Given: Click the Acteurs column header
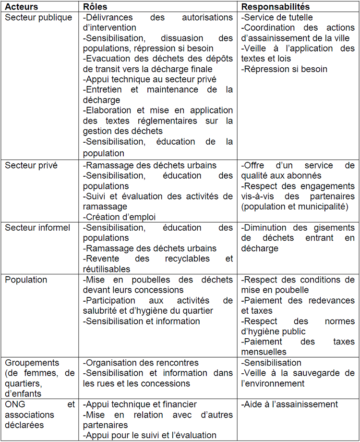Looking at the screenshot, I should coord(22,7).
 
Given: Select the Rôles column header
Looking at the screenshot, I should coord(95,7).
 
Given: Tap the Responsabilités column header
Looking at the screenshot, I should coord(275,7).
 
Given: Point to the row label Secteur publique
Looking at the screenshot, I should coord(38,18).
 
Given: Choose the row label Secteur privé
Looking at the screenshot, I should coord(31,166).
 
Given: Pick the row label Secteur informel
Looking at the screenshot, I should coord(37,228).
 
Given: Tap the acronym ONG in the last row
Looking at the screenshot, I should coord(15,405).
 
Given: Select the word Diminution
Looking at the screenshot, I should coord(266,228).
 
